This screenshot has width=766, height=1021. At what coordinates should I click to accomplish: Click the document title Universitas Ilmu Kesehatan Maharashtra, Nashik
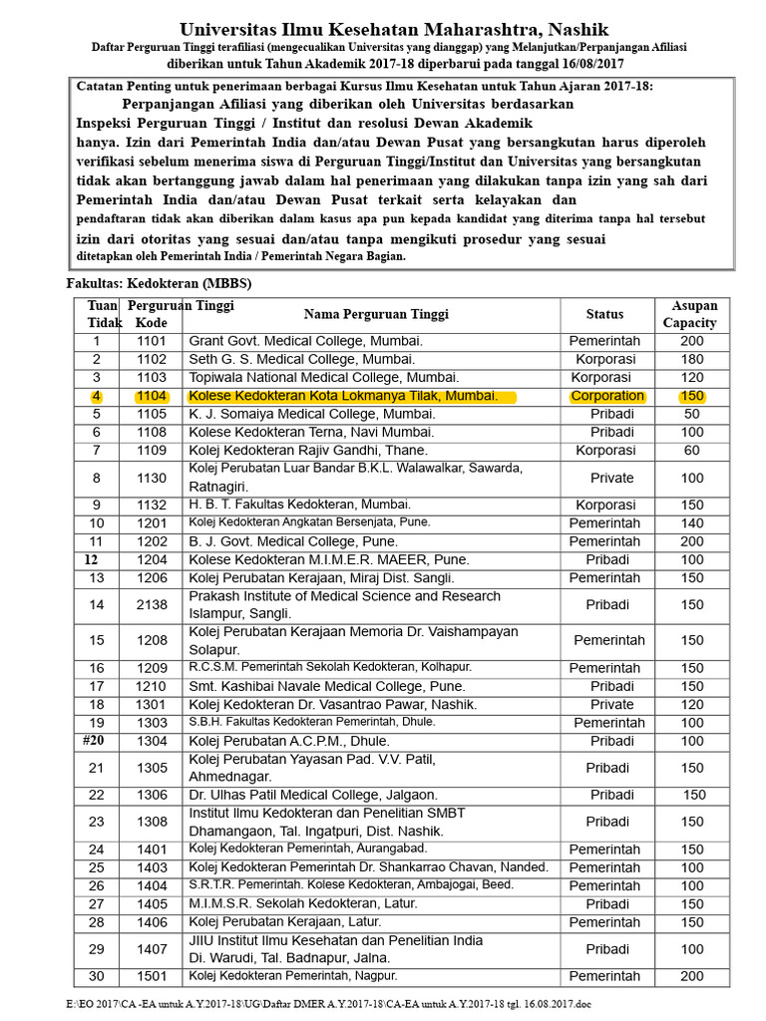click(394, 30)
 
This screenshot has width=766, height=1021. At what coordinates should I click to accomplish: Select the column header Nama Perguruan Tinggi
click(376, 314)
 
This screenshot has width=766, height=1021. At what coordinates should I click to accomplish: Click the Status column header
click(604, 314)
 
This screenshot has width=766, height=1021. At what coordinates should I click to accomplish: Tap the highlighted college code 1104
click(152, 396)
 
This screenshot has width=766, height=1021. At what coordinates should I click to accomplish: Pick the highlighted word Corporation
click(607, 396)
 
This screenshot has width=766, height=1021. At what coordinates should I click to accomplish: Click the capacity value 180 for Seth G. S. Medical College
click(691, 359)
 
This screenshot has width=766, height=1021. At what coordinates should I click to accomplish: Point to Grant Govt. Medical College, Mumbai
click(305, 341)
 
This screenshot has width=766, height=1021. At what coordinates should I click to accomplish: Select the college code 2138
click(152, 605)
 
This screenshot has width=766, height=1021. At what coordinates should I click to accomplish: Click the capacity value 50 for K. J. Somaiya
click(691, 414)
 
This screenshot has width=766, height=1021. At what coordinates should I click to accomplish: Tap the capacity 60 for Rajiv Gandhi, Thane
click(691, 451)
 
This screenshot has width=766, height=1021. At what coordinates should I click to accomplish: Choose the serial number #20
click(96, 741)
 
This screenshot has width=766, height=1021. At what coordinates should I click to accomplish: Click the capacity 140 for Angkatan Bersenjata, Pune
click(691, 523)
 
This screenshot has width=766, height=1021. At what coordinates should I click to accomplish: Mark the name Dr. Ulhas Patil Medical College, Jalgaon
click(313, 795)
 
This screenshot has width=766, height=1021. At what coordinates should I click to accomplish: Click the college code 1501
click(152, 976)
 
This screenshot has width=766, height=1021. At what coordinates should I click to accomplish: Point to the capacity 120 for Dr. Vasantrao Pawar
click(691, 704)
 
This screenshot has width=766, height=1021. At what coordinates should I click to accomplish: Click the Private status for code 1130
click(611, 479)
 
